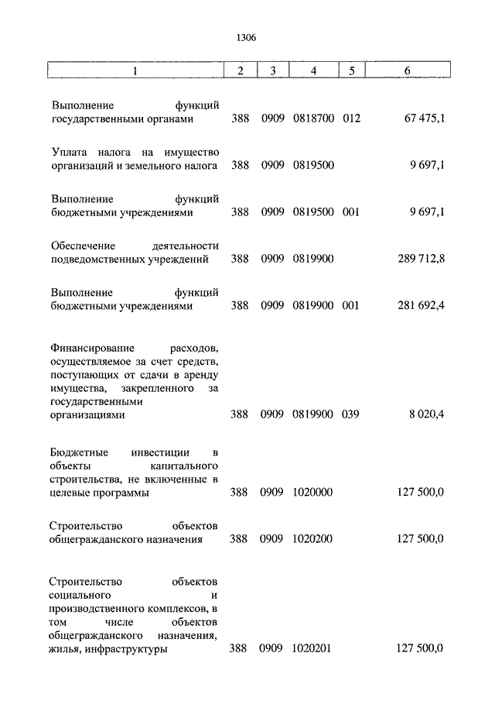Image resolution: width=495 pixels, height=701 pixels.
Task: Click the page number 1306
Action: click(247, 37)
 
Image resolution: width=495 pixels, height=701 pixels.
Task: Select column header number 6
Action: click(407, 70)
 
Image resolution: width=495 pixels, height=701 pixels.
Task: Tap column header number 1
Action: click(135, 70)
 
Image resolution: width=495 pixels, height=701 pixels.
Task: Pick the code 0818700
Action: click(313, 119)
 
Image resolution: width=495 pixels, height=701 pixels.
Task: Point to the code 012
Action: click(352, 119)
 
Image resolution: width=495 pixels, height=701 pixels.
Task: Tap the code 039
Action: click(352, 414)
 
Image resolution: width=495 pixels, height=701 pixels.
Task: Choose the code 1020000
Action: click(312, 492)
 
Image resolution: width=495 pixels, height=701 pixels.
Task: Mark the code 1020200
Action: click(312, 539)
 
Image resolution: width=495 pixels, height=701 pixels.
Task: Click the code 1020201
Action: click(312, 649)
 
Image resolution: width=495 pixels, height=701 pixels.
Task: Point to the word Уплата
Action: click(70, 151)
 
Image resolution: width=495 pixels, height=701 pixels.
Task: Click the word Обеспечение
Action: click(85, 245)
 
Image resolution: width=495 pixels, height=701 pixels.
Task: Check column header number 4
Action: click(313, 70)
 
